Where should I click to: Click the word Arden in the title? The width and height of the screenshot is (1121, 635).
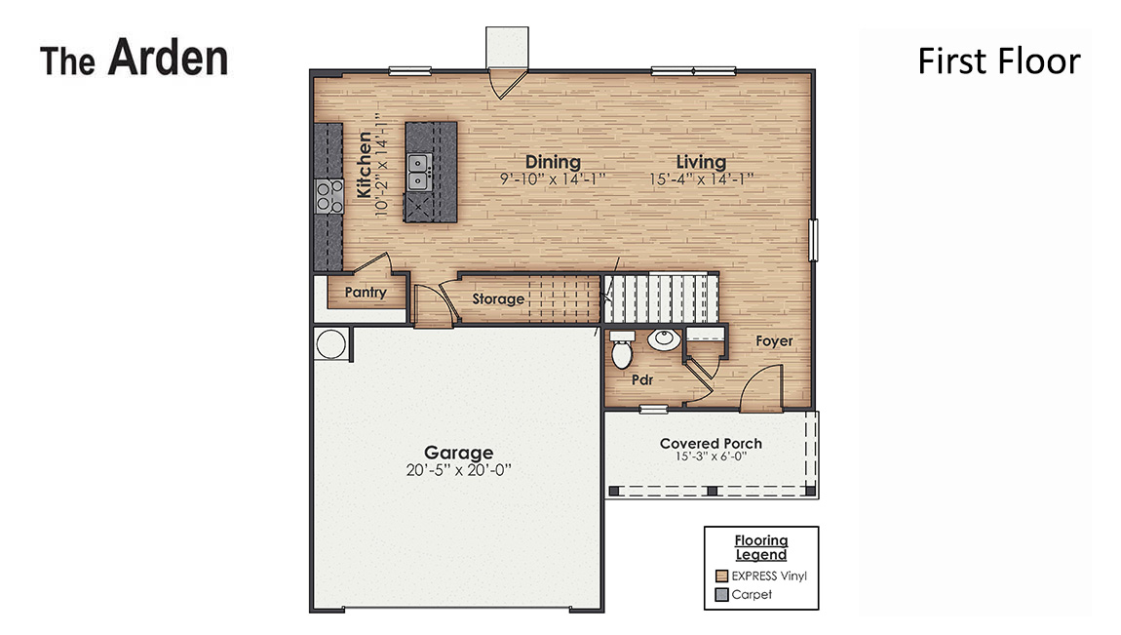(x=168, y=59)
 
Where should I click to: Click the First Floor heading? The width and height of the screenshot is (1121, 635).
(x=998, y=61)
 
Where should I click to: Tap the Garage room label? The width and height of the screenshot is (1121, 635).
(x=458, y=453)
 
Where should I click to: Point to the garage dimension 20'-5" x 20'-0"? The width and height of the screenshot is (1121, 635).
(x=458, y=469)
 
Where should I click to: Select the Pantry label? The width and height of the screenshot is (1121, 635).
(x=366, y=293)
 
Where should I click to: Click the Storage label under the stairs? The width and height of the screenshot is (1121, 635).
(x=498, y=299)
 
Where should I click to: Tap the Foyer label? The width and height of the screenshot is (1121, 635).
(x=774, y=341)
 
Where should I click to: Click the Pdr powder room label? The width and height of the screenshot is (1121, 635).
(x=641, y=378)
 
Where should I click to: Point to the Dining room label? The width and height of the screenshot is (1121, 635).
(x=553, y=162)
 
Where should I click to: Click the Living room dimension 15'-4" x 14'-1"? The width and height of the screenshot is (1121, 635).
(x=701, y=179)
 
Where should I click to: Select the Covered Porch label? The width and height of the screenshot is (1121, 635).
(x=711, y=444)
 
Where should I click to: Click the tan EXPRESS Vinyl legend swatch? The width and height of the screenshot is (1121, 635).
(x=721, y=575)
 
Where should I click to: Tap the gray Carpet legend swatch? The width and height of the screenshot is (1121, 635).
(x=721, y=594)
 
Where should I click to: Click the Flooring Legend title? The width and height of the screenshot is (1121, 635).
(x=761, y=547)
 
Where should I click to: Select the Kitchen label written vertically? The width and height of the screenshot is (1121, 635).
(x=365, y=166)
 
